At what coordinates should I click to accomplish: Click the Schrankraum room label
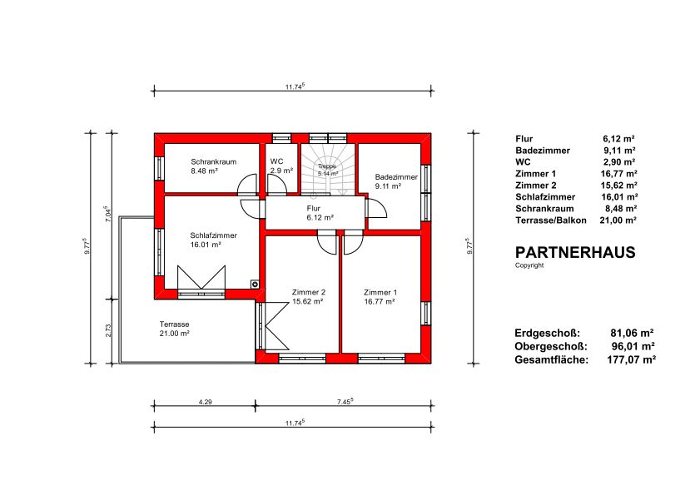213,161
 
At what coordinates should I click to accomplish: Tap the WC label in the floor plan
277,161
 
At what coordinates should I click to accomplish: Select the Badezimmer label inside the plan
396,176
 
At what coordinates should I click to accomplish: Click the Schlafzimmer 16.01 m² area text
206,245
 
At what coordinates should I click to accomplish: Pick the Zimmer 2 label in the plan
309,292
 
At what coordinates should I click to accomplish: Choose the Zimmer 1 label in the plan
380,292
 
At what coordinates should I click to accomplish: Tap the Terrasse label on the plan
175,324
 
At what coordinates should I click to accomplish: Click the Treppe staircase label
327,166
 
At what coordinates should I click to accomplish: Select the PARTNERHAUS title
575,253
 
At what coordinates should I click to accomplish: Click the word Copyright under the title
529,265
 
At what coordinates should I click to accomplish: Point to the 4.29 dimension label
205,402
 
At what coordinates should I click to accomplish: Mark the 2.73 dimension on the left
108,331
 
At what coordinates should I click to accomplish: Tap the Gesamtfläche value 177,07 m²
631,359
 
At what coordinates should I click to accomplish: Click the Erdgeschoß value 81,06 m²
632,333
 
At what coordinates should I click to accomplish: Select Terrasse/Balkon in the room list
550,220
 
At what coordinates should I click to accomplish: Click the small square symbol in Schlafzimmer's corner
255,284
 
